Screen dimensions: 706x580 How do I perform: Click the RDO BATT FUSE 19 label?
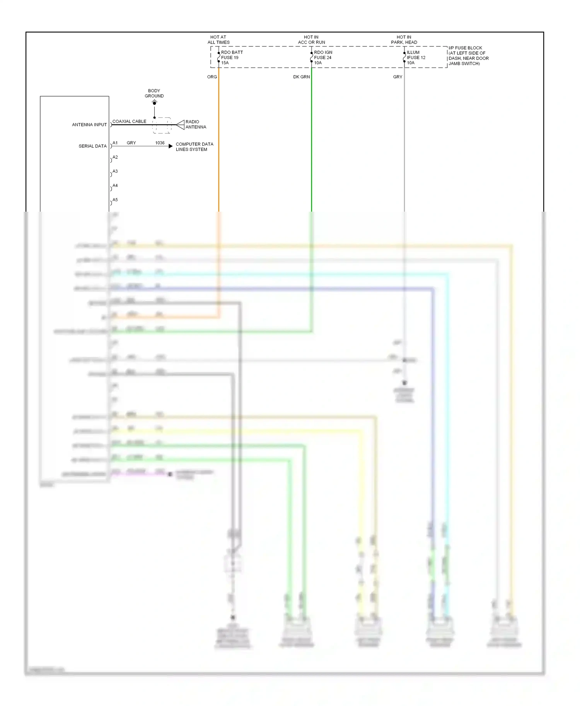click(x=232, y=58)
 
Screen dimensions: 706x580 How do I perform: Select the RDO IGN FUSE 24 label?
click(x=323, y=58)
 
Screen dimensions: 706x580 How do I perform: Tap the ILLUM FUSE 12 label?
click(x=416, y=58)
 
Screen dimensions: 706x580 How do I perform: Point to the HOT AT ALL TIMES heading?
click(x=218, y=40)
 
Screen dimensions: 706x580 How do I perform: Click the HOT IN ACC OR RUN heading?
click(x=311, y=40)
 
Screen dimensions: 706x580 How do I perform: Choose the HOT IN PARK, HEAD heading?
click(x=404, y=40)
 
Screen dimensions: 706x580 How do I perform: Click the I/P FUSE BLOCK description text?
click(x=468, y=56)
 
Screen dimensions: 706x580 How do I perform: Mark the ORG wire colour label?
click(x=212, y=77)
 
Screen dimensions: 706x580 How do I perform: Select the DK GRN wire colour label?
click(x=301, y=77)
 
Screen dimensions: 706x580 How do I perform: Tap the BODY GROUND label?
click(x=154, y=93)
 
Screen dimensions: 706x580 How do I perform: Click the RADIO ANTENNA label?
click(x=196, y=124)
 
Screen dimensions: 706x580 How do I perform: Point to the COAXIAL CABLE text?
click(x=129, y=121)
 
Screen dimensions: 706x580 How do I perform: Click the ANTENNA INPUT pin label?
click(x=89, y=125)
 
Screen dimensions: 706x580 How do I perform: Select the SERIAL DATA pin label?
click(x=92, y=146)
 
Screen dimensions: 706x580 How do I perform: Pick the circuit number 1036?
click(x=160, y=143)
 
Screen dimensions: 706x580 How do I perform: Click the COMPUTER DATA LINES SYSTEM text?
click(x=194, y=147)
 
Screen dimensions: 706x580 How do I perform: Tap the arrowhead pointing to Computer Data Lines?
click(x=171, y=146)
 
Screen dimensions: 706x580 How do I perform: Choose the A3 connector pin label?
click(x=115, y=171)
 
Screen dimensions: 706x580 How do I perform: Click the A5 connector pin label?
click(x=115, y=200)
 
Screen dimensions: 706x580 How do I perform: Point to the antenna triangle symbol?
click(x=180, y=125)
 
